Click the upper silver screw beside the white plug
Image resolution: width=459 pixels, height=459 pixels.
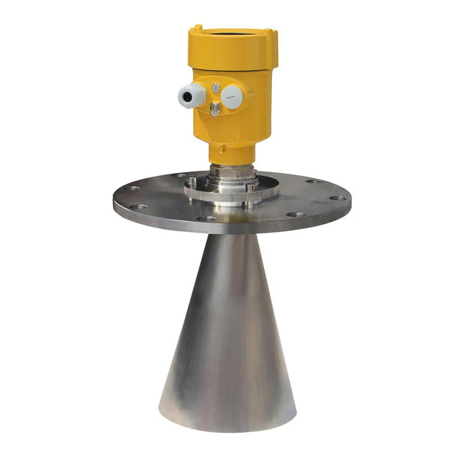click(x=216, y=88)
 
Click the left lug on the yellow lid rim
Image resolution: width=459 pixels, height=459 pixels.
click(x=197, y=27)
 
